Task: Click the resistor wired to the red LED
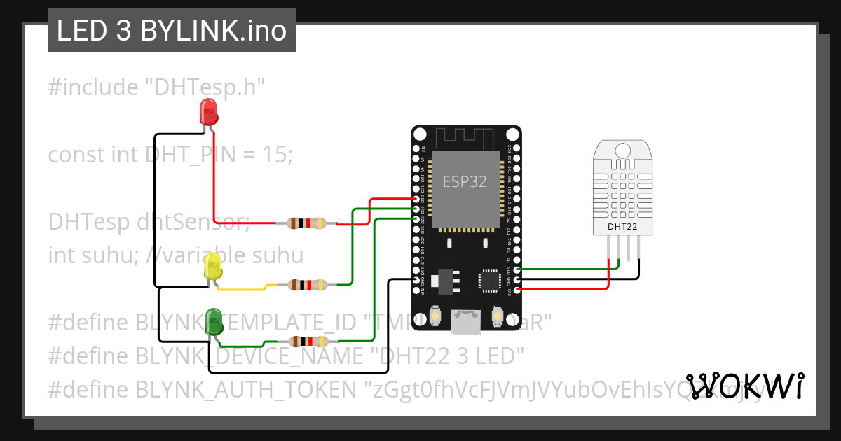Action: (307, 223)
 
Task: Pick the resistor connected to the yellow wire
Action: (307, 285)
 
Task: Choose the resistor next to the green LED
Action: (308, 342)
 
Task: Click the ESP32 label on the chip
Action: (465, 181)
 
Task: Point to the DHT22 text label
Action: (622, 227)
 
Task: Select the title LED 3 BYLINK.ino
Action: (172, 31)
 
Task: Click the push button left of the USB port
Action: (436, 316)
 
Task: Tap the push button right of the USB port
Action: (498, 316)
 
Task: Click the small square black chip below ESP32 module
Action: (488, 279)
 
